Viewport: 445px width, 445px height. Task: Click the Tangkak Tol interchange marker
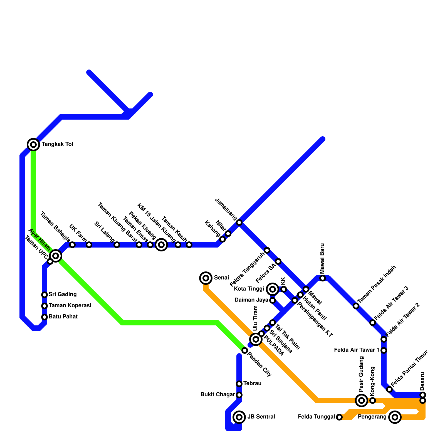[33, 144]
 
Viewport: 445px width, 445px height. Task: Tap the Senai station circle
[206, 278]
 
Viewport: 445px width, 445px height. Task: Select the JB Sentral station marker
[239, 417]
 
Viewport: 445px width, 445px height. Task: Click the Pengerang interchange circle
[395, 417]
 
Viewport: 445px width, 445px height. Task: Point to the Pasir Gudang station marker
[362, 400]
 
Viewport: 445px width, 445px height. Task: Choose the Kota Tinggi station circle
[273, 289]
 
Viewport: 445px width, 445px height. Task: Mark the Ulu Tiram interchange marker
[256, 339]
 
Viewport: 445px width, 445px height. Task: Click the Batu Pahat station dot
[44, 317]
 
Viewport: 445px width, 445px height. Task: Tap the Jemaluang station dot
[239, 222]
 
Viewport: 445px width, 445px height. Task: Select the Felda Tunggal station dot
[339, 417]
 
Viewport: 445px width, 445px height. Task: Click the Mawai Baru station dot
[323, 278]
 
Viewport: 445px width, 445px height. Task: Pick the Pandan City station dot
[245, 350]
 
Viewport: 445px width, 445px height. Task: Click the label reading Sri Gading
[63, 294]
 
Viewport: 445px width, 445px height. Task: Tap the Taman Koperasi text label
[70, 305]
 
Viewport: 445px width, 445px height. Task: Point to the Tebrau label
[252, 384]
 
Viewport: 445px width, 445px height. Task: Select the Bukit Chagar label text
[217, 395]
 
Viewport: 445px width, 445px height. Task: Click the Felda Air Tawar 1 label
[357, 350]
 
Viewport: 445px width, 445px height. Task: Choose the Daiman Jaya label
[251, 300]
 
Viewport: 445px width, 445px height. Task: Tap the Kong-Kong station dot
[373, 400]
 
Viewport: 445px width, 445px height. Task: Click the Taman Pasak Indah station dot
[356, 306]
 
